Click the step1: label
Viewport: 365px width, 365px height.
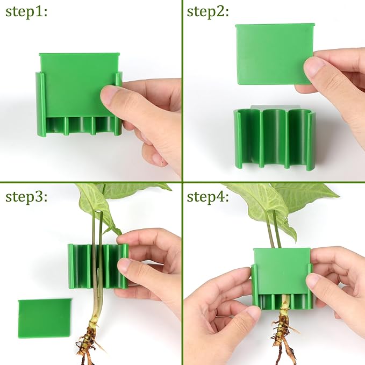pyautogui.click(x=26, y=12)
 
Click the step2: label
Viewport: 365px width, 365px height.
pyautogui.click(x=209, y=12)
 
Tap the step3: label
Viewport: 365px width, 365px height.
pyautogui.click(x=26, y=196)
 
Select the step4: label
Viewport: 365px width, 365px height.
pyautogui.click(x=209, y=196)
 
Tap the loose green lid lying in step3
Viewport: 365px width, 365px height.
pyautogui.click(x=45, y=318)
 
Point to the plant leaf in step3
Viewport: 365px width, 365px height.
pyautogui.click(x=94, y=204)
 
